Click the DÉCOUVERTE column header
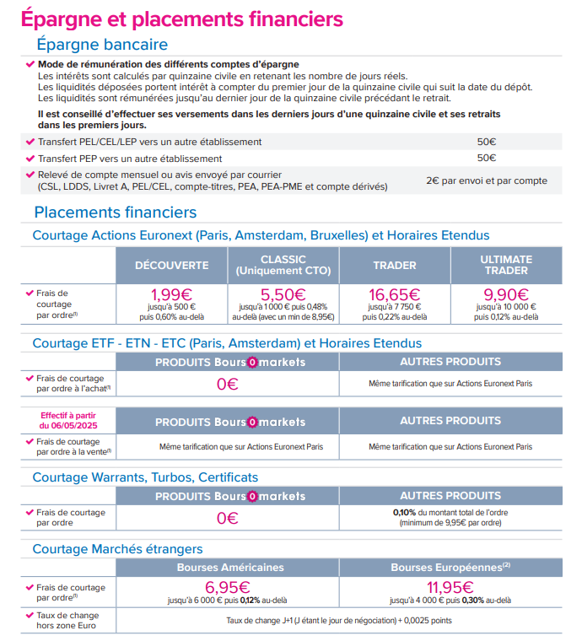point(172,265)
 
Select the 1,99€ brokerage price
point(172,295)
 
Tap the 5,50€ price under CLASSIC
point(283,295)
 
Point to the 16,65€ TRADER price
point(395,295)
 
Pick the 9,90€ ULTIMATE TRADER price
point(506,295)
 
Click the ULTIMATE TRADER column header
point(506,265)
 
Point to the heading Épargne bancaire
point(102,45)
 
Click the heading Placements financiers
point(116,213)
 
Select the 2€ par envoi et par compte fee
point(487,180)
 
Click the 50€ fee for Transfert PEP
point(487,158)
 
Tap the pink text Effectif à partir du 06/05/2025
point(69,421)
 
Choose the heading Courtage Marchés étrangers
point(117,549)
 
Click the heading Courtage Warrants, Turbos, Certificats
point(145,477)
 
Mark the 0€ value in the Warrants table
point(228,518)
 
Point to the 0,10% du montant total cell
point(450,517)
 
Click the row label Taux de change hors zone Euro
point(67,620)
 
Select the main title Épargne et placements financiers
point(181,18)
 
